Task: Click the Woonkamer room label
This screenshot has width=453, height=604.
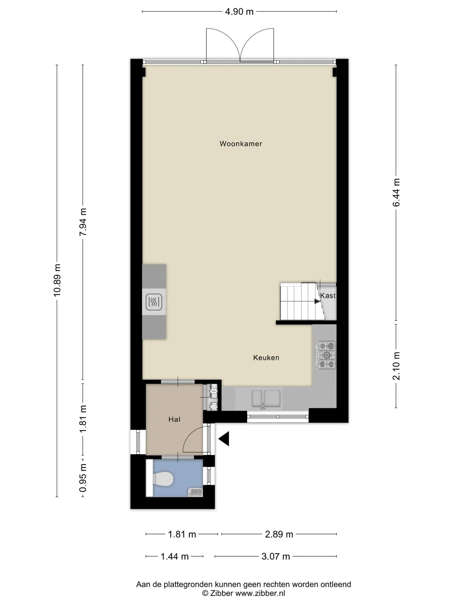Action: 241,144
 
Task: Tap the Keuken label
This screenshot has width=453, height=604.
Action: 266,358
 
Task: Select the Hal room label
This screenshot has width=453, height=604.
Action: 174,419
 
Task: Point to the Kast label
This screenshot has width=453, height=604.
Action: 328,296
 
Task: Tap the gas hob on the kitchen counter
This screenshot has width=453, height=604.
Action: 327,355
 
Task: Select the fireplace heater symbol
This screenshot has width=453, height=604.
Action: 154,302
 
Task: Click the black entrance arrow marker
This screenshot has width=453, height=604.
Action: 224,439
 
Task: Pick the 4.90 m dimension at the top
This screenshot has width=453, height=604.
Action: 239,12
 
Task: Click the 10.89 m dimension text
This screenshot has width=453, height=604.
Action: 57,280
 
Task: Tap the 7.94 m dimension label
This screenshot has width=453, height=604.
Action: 83,222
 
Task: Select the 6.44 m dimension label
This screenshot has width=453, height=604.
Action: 396,192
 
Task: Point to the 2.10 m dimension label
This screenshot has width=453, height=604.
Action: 396,366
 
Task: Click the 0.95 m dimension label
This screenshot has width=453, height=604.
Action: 83,478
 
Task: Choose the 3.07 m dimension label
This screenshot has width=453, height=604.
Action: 276,556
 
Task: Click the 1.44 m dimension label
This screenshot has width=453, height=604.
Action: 175,556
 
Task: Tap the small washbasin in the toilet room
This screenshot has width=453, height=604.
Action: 195,492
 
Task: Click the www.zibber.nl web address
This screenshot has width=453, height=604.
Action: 260,593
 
